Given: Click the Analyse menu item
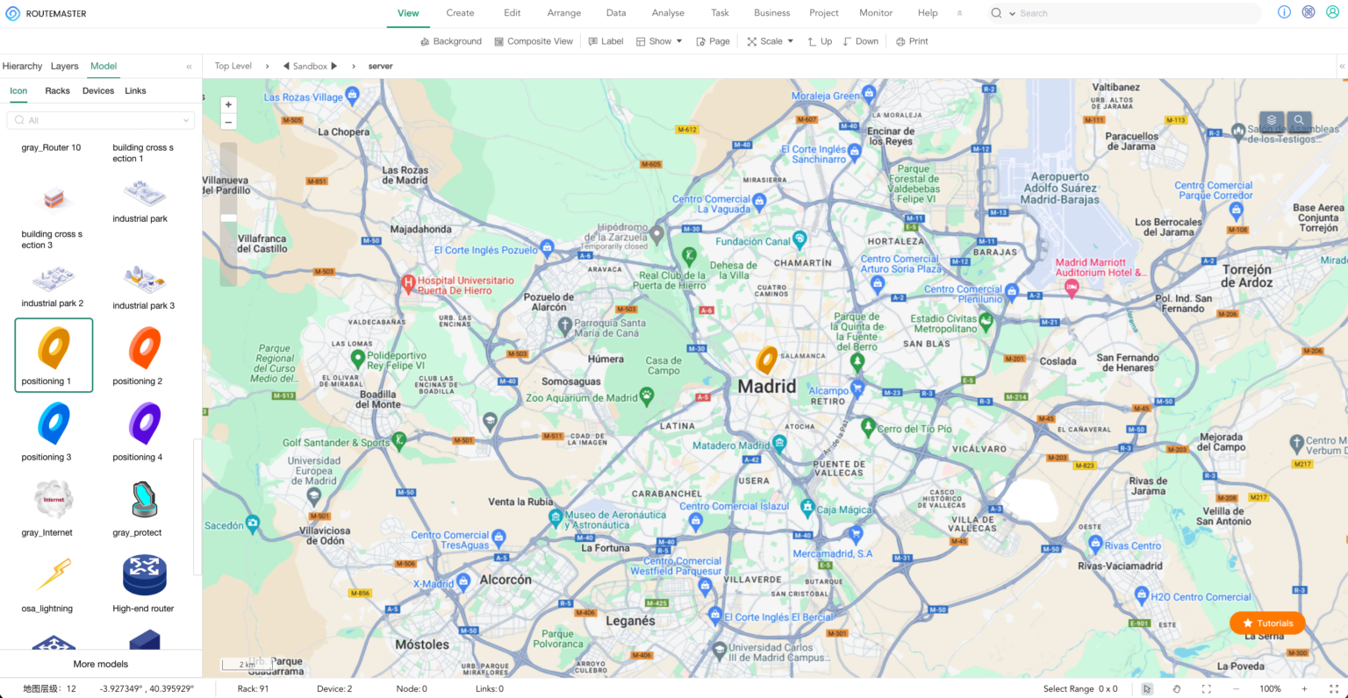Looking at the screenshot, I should [668, 13].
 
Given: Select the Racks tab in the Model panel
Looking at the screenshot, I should [57, 91].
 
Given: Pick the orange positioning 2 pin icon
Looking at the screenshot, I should [145, 348].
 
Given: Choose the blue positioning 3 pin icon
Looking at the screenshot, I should [54, 424].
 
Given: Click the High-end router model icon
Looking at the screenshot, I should [144, 575].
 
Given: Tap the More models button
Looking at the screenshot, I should [100, 664].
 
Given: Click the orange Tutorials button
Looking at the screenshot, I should [1267, 623].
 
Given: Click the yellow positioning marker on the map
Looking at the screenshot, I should [766, 360].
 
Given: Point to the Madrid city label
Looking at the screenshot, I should [767, 387].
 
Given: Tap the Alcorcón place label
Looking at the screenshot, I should [505, 580].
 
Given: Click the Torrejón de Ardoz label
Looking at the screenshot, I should [1246, 276].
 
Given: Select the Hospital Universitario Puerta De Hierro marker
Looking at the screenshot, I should [408, 284].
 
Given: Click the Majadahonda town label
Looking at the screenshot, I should [420, 230].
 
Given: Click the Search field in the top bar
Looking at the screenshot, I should [1132, 13].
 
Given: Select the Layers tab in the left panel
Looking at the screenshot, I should [64, 67].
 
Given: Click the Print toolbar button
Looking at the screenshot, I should [912, 41].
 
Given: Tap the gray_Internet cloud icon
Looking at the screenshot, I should [54, 500].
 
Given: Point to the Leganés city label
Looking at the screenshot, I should [630, 621].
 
